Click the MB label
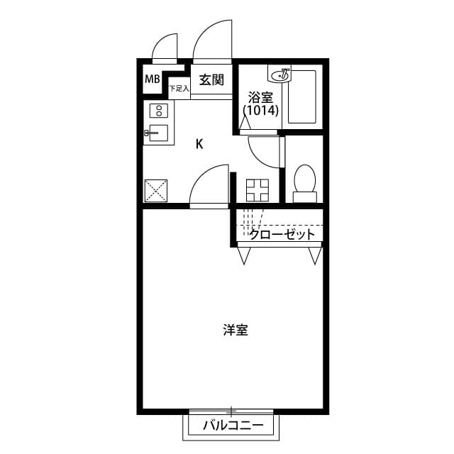point(152,79)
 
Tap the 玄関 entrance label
point(211,79)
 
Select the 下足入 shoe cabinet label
point(179,89)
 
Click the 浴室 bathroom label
point(260,97)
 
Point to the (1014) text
point(261,111)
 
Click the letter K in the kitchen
point(199,144)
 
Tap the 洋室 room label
point(236,330)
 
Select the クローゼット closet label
point(282,234)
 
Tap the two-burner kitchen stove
point(158,111)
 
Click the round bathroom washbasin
point(281,73)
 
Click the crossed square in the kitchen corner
point(156,190)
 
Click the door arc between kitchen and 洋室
point(208,186)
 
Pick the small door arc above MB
point(165,47)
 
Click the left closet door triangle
point(245,255)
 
